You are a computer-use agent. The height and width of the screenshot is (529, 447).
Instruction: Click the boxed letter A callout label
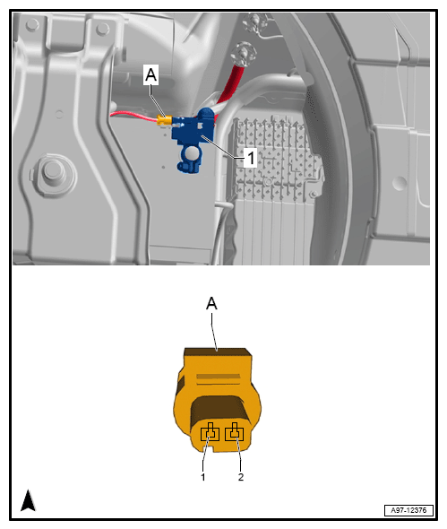[150, 74]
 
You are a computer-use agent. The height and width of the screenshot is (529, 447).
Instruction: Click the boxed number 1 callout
[251, 158]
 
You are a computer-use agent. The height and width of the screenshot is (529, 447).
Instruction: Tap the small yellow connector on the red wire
[165, 120]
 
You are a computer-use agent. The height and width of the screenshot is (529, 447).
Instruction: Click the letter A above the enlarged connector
[211, 303]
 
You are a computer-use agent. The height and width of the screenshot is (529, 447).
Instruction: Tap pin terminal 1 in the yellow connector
[210, 432]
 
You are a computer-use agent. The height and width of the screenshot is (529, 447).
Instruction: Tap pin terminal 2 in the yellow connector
[235, 432]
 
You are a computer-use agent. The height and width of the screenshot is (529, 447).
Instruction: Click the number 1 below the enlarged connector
[203, 477]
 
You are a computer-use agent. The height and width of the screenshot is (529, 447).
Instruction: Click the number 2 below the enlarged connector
[241, 477]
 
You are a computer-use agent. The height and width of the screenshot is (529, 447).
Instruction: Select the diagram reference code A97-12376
[408, 510]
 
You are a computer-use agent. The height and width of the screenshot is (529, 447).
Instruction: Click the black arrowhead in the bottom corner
[28, 500]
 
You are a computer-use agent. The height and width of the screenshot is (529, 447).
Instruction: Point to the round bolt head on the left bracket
[53, 169]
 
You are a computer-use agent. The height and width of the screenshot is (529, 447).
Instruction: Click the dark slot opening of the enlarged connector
[219, 409]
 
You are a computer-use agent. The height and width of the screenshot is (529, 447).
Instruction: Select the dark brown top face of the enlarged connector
[218, 352]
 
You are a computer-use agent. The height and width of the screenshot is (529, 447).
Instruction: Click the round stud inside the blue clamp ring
[191, 153]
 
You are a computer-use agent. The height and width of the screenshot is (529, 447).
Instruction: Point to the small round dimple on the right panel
[400, 183]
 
